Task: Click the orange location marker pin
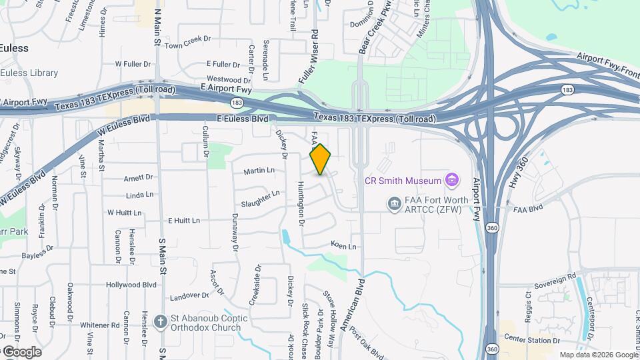(320, 159)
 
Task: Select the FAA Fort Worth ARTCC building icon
(394, 201)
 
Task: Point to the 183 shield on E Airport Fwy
(237, 102)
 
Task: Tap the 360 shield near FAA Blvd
(491, 227)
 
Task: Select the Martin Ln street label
(259, 171)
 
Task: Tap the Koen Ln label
(343, 246)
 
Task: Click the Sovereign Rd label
(554, 277)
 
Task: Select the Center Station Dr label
(532, 339)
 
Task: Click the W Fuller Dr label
(134, 64)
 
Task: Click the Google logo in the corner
(21, 351)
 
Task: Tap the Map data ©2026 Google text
(598, 355)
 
